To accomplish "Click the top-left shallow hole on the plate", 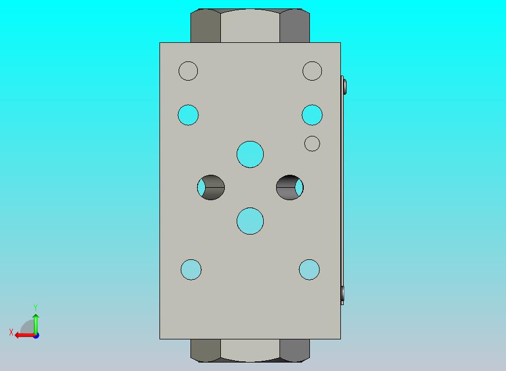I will [x=188, y=71].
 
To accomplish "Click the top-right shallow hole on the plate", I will [x=312, y=71].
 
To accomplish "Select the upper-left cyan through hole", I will [x=188, y=115].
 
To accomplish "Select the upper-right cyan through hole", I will [x=312, y=115].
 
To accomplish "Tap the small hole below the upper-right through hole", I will [x=312, y=144].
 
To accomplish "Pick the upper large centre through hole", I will [x=250, y=154].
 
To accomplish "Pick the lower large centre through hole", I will [x=250, y=220].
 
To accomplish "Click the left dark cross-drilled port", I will [x=211, y=187].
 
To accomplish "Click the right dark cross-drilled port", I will [x=290, y=187].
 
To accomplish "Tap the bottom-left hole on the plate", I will [x=191, y=270].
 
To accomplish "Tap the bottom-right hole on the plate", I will [x=309, y=270].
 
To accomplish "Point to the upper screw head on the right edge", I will [x=344, y=86].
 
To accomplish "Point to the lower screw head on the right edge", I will [x=343, y=293].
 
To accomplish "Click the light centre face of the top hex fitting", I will [x=250, y=26].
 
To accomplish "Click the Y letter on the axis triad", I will [x=35, y=307].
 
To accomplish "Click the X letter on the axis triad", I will [x=11, y=333].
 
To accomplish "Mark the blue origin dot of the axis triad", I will [x=36, y=335].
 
